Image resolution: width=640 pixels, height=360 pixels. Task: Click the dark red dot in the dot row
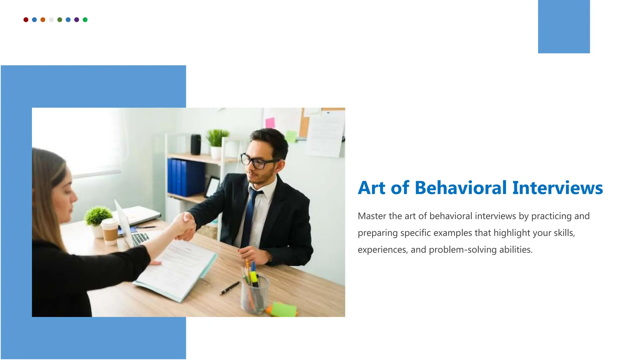pos(26,20)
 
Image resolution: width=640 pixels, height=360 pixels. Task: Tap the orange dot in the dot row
pos(43,20)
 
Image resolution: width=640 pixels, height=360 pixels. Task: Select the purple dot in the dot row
pos(77,20)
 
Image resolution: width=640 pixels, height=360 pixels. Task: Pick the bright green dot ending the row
pos(85,20)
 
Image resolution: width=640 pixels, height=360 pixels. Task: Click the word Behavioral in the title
pos(460,188)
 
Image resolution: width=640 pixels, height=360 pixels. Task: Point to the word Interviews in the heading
pos(557,188)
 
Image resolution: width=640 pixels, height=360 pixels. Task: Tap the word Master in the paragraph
pos(372,216)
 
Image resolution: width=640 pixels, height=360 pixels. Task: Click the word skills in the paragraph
pos(564,233)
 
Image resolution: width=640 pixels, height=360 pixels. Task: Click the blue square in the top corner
pos(564,27)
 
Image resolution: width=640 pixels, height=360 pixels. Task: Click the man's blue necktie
pos(250,216)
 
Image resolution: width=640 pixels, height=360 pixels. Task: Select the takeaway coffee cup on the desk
pos(110,231)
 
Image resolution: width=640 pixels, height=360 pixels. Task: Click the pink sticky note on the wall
pos(270,122)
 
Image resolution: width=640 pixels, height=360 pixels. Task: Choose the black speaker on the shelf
pos(196,144)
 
